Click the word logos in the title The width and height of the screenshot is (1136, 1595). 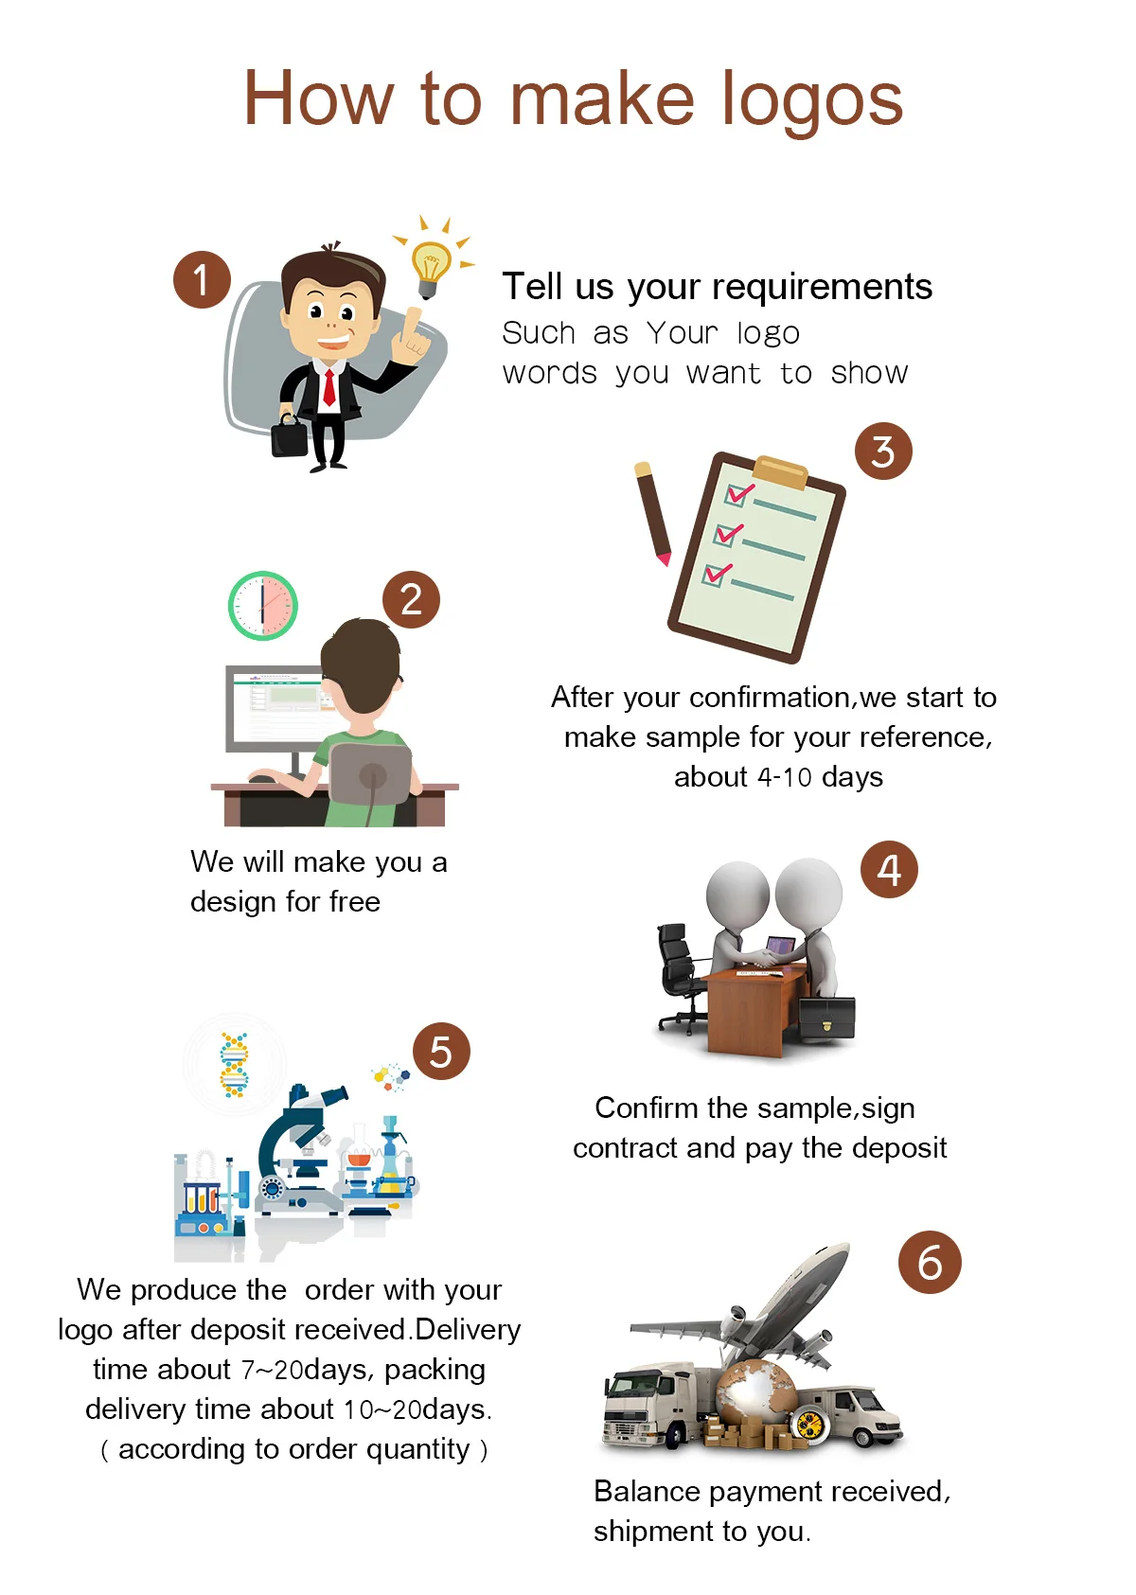811,100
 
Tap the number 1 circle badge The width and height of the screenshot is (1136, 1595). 202,279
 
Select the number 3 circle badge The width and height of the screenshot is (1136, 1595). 883,452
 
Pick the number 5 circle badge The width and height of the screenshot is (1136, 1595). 441,1051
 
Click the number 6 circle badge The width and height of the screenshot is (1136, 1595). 930,1263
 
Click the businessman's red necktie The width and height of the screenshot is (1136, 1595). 328,387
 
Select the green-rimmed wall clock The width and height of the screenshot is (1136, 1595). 263,606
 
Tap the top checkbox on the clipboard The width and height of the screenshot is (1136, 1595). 737,494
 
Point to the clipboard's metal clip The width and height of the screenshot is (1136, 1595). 781,470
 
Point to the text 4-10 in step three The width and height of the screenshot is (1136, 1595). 785,777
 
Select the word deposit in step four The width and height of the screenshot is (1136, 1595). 899,1148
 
